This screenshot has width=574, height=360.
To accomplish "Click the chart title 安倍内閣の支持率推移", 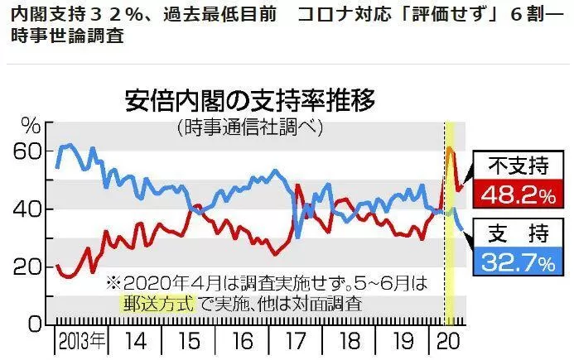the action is (x=250, y=100).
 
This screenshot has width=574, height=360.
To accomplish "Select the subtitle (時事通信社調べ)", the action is (x=250, y=127).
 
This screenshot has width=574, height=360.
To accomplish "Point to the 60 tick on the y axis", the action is (x=28, y=151).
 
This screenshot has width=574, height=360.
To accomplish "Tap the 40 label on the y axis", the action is (x=28, y=209).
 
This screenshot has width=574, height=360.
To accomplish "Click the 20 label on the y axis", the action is (x=28, y=267).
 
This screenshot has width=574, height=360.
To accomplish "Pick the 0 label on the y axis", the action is (x=35, y=324).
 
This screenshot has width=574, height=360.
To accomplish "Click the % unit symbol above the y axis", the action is (x=31, y=127).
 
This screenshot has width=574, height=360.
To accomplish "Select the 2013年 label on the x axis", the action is (x=82, y=341).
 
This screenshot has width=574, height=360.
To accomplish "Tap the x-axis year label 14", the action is (x=136, y=341).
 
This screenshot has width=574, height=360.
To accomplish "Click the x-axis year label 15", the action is (x=189, y=341).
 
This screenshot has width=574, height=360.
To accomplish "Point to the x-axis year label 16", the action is (x=243, y=341).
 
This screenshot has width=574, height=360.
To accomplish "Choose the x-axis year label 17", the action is (x=296, y=341).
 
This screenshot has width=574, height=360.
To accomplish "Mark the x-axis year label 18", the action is (x=350, y=341).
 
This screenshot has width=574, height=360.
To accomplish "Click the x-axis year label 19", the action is (x=403, y=341).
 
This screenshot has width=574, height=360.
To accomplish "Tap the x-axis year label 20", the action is (x=448, y=341).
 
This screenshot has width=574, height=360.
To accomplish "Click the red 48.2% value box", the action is (x=519, y=194).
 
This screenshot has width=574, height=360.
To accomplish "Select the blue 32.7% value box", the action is (x=519, y=262).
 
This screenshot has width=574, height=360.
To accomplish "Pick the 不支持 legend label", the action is (x=519, y=166).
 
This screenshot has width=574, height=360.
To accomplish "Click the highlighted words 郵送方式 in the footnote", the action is (x=157, y=303).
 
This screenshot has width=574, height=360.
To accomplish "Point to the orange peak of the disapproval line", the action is (x=449, y=149).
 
